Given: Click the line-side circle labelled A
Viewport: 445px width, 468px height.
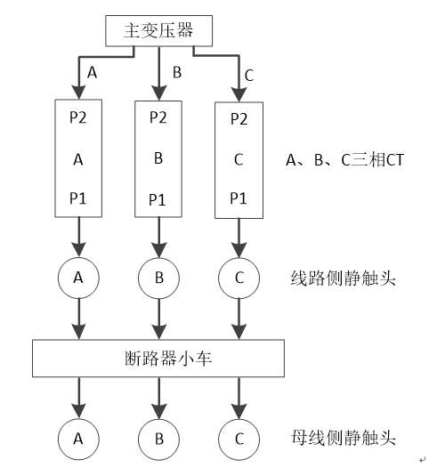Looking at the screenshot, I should (78, 278).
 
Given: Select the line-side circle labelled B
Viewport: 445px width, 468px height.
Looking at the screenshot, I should (158, 278).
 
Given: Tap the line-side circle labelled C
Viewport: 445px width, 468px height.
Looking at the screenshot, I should (239, 278).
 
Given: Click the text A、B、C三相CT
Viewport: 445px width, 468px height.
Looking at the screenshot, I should (339, 160).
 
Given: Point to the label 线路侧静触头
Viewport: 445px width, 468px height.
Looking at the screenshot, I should (342, 278).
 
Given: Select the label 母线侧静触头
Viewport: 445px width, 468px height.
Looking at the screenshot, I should (342, 438).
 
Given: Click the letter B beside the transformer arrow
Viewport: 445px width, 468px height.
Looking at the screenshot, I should (176, 72).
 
